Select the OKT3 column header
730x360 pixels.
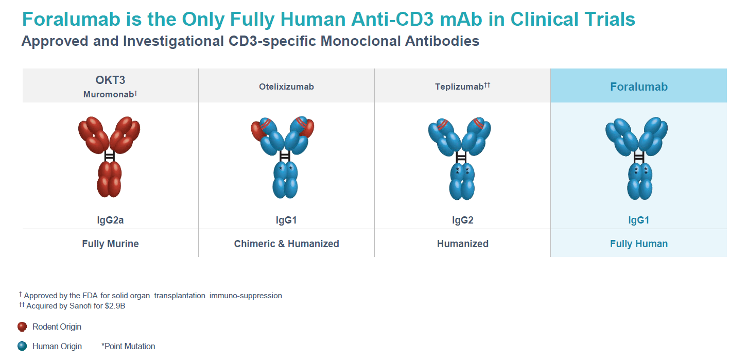(x=110, y=80)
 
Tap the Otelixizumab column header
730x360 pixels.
(x=286, y=87)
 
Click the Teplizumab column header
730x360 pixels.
(x=459, y=87)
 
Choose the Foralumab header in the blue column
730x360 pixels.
(x=639, y=87)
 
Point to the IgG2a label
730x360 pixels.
(x=110, y=220)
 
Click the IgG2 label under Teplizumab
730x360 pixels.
(x=462, y=220)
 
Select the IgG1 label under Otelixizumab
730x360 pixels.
(x=286, y=220)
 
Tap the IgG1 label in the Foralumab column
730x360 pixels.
(x=639, y=220)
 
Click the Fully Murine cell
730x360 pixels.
(x=110, y=244)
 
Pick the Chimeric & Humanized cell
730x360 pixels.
(x=286, y=244)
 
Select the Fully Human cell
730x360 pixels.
(x=639, y=244)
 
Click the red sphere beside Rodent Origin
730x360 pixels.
(x=22, y=327)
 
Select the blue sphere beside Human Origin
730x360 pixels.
(x=22, y=346)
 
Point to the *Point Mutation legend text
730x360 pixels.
(x=128, y=346)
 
